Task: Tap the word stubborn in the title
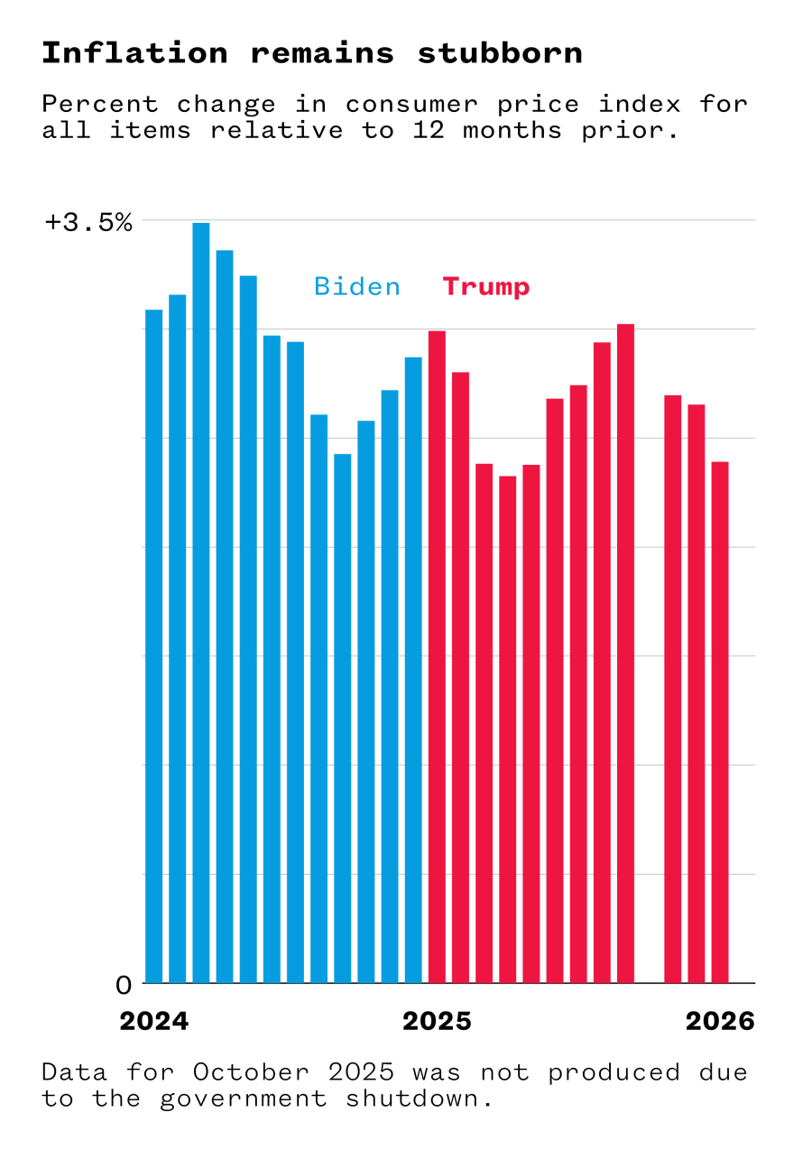tap(499, 53)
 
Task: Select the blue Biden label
tap(357, 287)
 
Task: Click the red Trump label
tap(485, 287)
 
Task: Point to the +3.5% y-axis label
tap(88, 222)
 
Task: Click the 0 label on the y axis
tap(124, 984)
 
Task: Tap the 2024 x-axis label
tap(154, 1021)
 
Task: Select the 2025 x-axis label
tap(437, 1021)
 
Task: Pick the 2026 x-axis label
tap(719, 1021)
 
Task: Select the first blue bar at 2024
tap(153, 645)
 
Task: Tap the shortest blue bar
tap(342, 718)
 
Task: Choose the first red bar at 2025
tap(437, 656)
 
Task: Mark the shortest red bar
tap(507, 728)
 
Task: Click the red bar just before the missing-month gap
tap(625, 653)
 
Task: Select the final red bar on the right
tap(719, 722)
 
